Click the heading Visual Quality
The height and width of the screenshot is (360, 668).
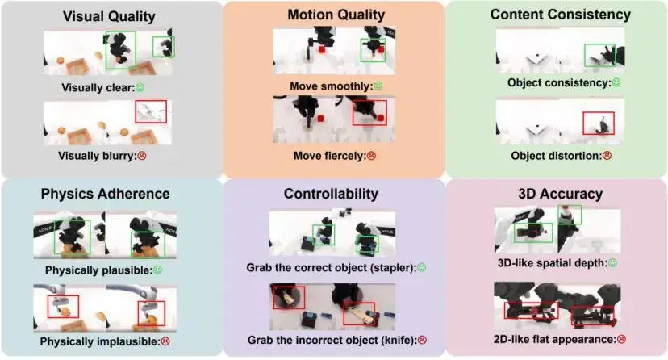pyautogui.click(x=109, y=16)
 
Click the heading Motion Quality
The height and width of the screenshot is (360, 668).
pyautogui.click(x=336, y=15)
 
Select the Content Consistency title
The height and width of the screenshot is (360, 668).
pyautogui.click(x=560, y=14)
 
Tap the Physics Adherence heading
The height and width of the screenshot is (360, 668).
pyautogui.click(x=105, y=194)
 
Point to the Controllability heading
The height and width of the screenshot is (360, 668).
pyautogui.click(x=331, y=194)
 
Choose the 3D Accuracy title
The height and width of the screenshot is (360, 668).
pyautogui.click(x=560, y=194)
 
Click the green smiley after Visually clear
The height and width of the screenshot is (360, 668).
pyautogui.click(x=140, y=87)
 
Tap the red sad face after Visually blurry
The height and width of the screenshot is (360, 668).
pyautogui.click(x=142, y=156)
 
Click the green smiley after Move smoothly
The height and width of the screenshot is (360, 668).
pyautogui.click(x=378, y=86)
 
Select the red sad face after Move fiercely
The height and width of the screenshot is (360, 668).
pyautogui.click(x=371, y=156)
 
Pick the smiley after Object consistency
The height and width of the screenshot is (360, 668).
pyautogui.click(x=616, y=82)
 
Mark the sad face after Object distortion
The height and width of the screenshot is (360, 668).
pyautogui.click(x=607, y=156)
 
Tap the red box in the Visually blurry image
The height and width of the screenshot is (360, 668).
pyautogui.click(x=151, y=101)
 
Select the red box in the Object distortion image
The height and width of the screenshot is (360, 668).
pyautogui.click(x=599, y=112)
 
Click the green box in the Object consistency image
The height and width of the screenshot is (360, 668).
pyautogui.click(x=600, y=44)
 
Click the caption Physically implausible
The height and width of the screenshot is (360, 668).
pyautogui.click(x=100, y=341)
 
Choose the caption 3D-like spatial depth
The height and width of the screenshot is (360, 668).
pyautogui.click(x=553, y=263)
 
